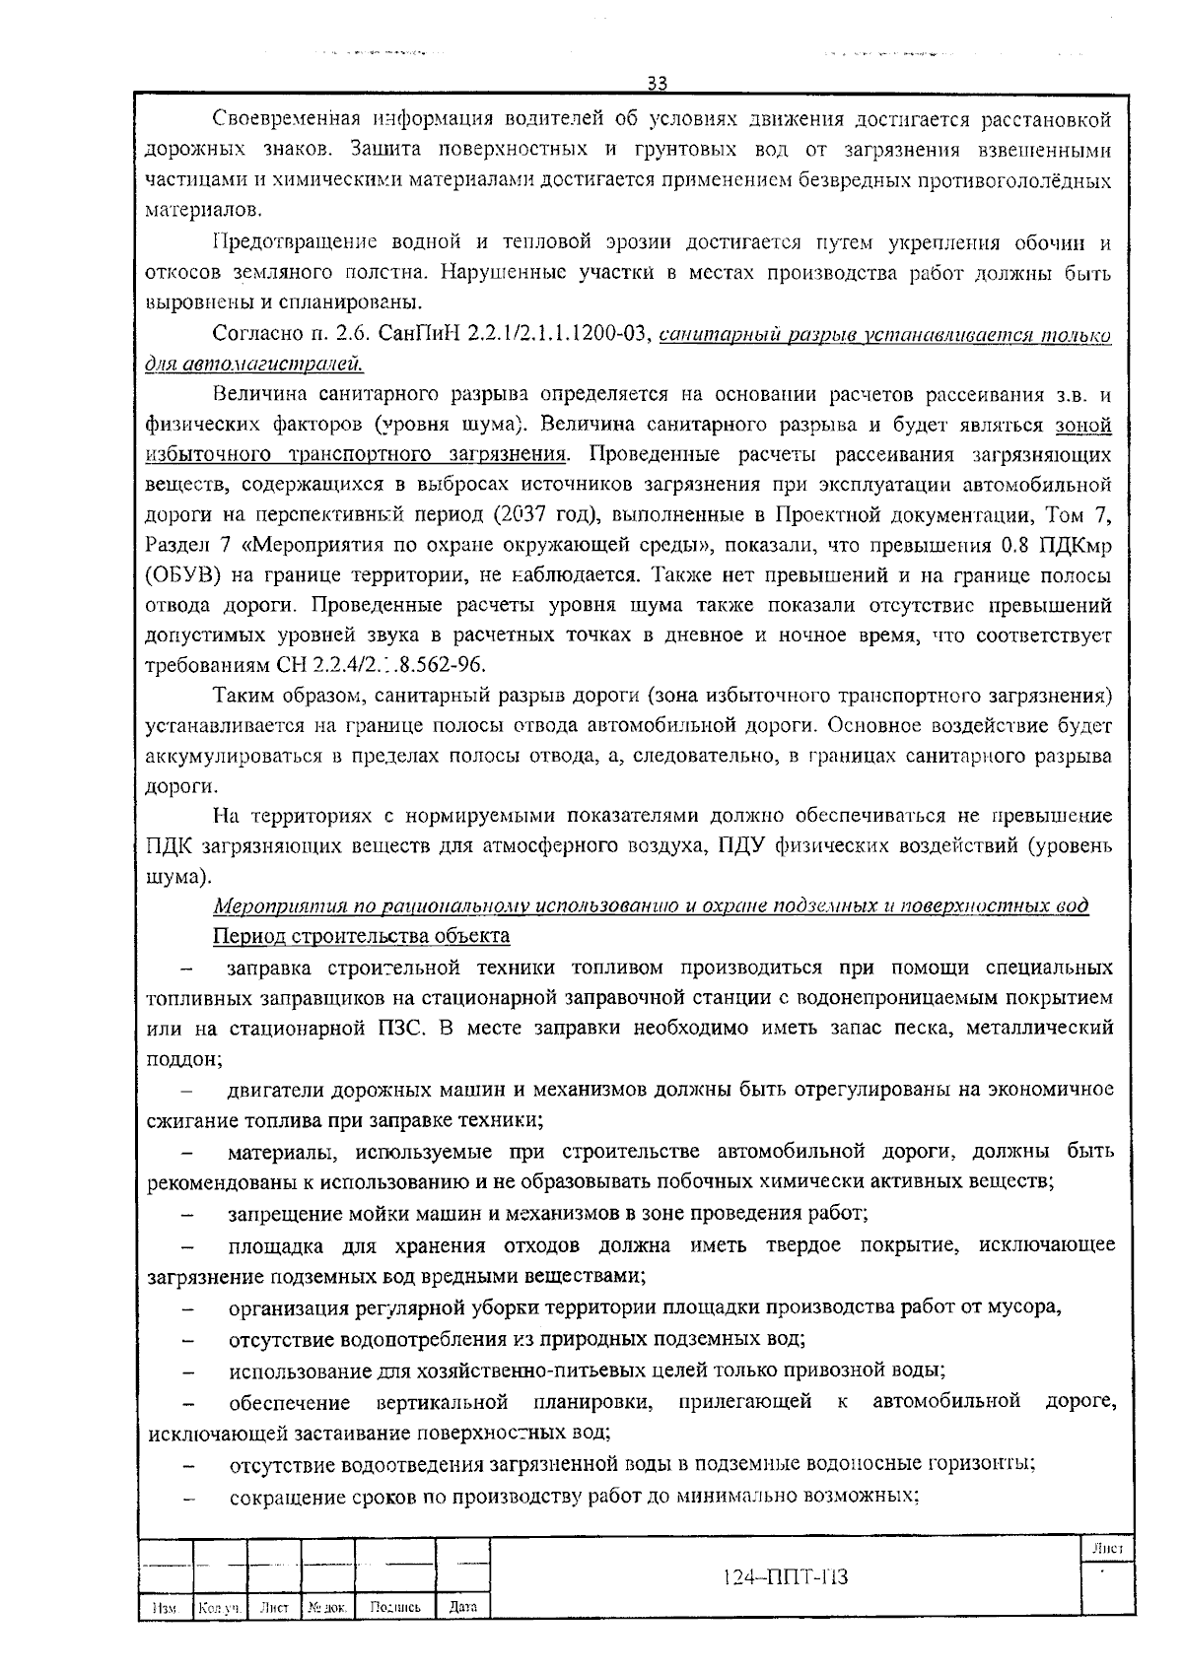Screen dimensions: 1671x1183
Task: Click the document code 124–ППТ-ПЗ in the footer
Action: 785,1576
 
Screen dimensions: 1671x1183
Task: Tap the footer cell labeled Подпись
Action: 395,1607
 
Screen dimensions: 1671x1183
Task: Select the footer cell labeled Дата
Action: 462,1607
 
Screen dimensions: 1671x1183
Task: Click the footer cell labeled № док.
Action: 326,1607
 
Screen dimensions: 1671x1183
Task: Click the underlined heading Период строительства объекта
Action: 362,935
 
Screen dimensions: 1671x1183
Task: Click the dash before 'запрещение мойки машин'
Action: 187,1214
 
